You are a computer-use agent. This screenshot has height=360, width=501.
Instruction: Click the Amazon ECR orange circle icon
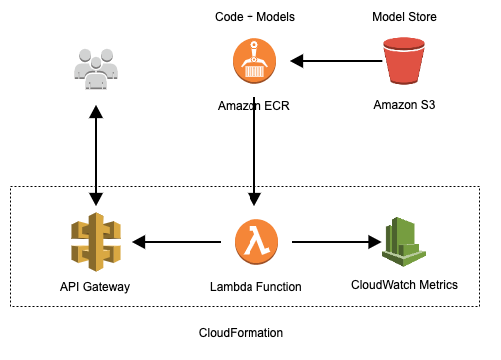(x=256, y=62)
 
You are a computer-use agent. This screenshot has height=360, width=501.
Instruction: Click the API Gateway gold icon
(x=96, y=241)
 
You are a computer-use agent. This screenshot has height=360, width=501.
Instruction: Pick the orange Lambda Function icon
(x=256, y=241)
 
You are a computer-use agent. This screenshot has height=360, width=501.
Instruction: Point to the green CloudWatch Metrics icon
(x=404, y=241)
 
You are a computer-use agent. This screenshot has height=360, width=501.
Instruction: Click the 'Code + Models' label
(x=254, y=18)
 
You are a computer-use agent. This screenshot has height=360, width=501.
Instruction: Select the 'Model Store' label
(x=404, y=18)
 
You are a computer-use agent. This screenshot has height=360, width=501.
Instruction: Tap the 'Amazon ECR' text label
(x=256, y=105)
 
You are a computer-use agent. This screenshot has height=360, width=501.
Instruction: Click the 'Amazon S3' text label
(x=404, y=105)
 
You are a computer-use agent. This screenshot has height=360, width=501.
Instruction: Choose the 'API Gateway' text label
(x=95, y=287)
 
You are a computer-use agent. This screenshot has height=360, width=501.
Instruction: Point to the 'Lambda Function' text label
(x=256, y=287)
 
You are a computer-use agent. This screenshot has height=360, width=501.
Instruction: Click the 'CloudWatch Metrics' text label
(x=404, y=285)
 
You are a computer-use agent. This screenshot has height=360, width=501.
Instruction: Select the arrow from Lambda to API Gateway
(x=177, y=241)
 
